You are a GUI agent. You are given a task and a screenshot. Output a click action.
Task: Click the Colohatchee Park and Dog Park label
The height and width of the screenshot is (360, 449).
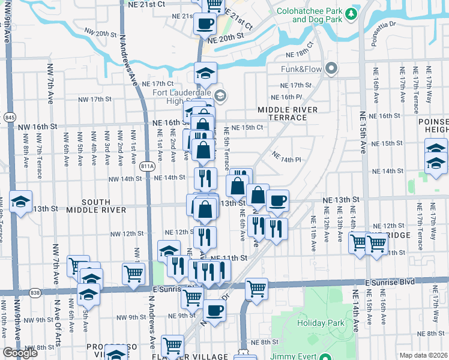pyautogui.click(x=317, y=15)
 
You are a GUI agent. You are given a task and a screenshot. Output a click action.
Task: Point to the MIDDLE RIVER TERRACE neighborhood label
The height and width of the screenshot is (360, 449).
pyautogui.click(x=282, y=114)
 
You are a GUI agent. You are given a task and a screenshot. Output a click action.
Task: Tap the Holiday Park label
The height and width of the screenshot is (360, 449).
pyautogui.click(x=321, y=323)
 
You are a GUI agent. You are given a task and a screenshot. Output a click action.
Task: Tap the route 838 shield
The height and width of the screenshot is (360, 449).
pyautogui.click(x=35, y=293)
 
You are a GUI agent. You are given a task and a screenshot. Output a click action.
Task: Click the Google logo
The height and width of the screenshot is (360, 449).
pyautogui.click(x=20, y=353)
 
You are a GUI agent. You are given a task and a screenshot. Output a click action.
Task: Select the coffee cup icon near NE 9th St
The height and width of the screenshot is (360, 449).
pyautogui.click(x=214, y=310)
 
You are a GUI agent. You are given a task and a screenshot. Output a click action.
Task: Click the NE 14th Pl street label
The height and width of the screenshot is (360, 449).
pyautogui.click(x=285, y=157)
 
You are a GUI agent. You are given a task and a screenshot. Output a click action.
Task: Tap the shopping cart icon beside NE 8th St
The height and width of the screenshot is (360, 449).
pyautogui.click(x=173, y=346)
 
